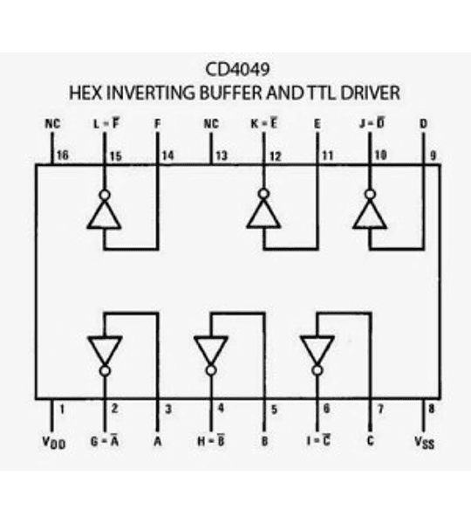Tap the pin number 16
click(x=62, y=155)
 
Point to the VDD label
click(x=54, y=442)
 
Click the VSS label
click(x=424, y=442)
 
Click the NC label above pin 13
click(x=210, y=125)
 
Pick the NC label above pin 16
click(x=52, y=125)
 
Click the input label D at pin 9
click(x=423, y=125)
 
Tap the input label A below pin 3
click(x=158, y=441)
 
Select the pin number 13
click(x=220, y=155)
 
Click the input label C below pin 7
click(x=371, y=441)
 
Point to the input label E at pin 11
click(x=317, y=125)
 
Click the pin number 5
click(x=273, y=408)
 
